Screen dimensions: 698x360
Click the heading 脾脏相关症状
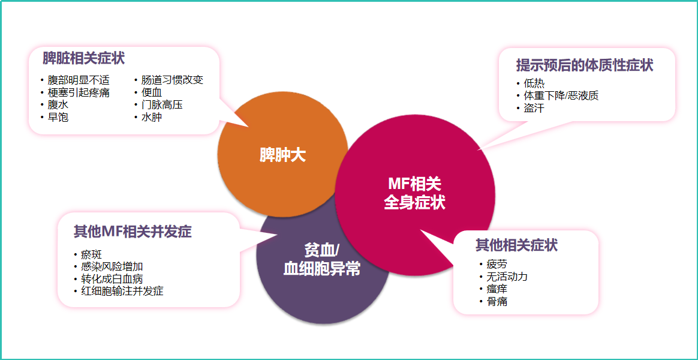coord(83,59)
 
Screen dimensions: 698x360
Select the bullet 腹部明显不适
coord(79,80)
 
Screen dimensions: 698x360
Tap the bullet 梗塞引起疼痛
coord(79,92)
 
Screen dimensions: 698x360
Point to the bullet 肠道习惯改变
coord(172,80)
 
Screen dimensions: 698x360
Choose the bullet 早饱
coord(58,118)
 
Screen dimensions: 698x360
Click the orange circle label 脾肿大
coord(282,155)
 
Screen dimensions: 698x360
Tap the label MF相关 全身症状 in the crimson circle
coord(414,193)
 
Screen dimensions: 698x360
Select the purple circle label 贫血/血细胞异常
coord(322,260)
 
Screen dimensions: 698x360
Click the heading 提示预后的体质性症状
coord(585,65)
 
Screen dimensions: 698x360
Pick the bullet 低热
coord(534,83)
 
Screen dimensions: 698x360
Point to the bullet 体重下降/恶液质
coord(561,96)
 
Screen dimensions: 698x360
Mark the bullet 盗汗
coord(534,109)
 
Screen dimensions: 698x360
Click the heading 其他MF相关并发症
coord(133,232)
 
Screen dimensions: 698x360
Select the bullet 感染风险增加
coord(112,266)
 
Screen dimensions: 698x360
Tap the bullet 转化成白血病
coord(112,279)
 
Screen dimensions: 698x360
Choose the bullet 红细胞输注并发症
coord(122,292)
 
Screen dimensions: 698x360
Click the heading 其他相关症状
coord(516,245)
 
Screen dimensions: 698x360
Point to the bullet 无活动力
coord(507,277)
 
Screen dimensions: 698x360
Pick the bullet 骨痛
coord(497,302)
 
